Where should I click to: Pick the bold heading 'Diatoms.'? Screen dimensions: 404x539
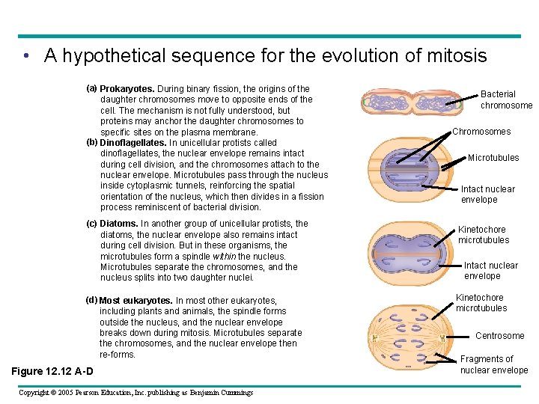click(119, 224)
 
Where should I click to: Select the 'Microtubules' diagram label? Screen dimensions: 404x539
click(493, 158)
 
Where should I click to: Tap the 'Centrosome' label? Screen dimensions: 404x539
click(499, 336)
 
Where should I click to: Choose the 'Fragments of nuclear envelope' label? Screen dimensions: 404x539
click(493, 364)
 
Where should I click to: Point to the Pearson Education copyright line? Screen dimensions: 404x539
click(135, 393)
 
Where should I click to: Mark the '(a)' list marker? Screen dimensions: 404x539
click(92, 88)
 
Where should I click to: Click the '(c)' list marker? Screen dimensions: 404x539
click(92, 224)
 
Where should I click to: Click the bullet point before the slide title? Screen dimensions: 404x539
click(26, 57)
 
